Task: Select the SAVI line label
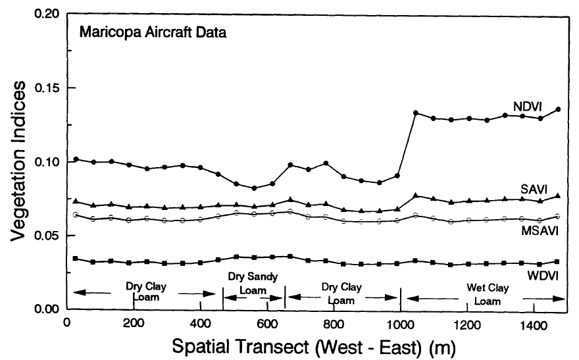(x=541, y=188)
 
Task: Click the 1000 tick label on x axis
(x=400, y=323)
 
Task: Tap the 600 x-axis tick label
(x=266, y=323)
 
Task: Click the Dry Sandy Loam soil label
(x=253, y=282)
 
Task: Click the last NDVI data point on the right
(x=558, y=109)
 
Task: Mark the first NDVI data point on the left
(x=76, y=159)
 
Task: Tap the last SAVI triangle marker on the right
(x=558, y=195)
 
